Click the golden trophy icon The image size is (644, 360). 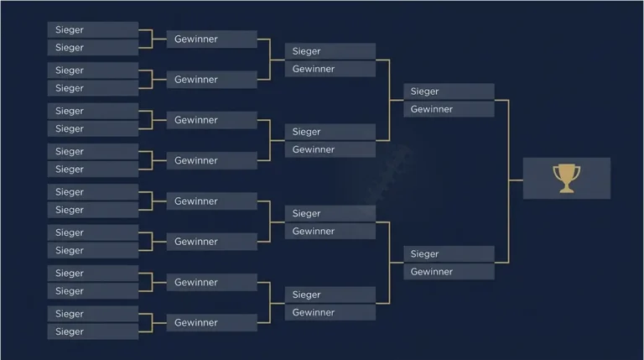coord(566,179)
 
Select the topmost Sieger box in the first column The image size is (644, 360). coord(93,30)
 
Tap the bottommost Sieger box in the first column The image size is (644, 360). coord(93,331)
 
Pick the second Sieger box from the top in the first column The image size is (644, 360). coord(93,48)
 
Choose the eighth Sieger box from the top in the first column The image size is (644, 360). coord(93,170)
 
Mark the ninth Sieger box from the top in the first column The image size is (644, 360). coord(93,192)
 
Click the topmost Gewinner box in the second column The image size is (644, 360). coord(212,39)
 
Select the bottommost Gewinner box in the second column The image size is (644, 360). coord(212,322)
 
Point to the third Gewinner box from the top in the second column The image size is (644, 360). coord(212,120)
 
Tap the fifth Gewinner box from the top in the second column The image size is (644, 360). coord(212,201)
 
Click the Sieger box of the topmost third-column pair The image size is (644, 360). coord(330,51)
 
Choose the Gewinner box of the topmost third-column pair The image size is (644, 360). coord(330,69)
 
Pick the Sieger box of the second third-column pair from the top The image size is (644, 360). coord(330,132)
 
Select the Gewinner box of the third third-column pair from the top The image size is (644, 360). coord(330,232)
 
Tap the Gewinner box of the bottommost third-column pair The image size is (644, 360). coord(330,313)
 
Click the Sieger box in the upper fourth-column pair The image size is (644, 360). coord(449,91)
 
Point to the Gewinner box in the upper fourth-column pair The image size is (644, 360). coord(449,109)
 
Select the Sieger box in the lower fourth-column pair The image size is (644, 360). coord(449,254)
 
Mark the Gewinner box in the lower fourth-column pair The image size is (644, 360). coord(449,272)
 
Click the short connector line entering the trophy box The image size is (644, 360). coord(516,180)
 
